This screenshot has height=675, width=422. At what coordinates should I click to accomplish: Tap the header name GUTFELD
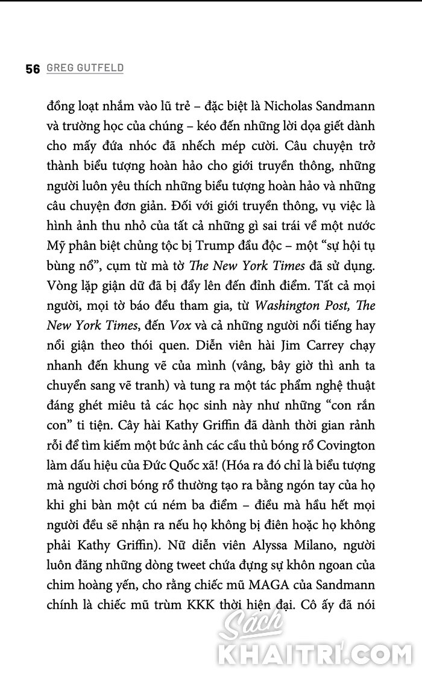point(102,69)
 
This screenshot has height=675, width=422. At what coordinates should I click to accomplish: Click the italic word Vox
point(179,325)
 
